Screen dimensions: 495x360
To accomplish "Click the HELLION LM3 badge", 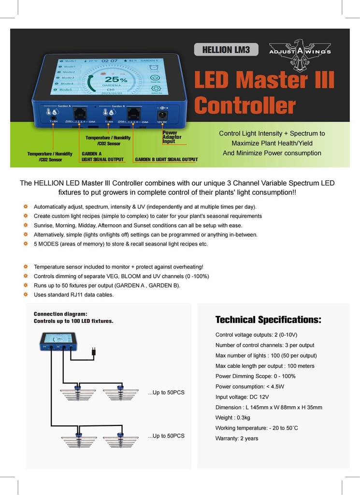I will pyautogui.click(x=226, y=49).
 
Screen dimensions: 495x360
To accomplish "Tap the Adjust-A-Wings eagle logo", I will pyautogui.click(x=300, y=53).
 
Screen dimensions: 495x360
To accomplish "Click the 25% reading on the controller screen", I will pyautogui.click(x=116, y=79).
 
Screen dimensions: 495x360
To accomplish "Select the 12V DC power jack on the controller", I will pyautogui.click(x=163, y=115).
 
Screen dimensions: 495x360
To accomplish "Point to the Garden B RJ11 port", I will pyautogui.click(x=133, y=115).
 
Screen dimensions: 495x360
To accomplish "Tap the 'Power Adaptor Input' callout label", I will pyautogui.click(x=172, y=137).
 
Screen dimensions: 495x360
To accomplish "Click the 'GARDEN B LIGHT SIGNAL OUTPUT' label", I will pyautogui.click(x=166, y=159).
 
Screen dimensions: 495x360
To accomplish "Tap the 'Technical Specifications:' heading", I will pyautogui.click(x=268, y=320).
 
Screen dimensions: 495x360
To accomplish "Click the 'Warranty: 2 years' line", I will pyautogui.click(x=237, y=438).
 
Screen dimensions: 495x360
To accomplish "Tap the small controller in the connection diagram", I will pyautogui.click(x=58, y=341).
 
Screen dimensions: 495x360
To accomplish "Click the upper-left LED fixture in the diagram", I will pyautogui.click(x=78, y=393).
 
